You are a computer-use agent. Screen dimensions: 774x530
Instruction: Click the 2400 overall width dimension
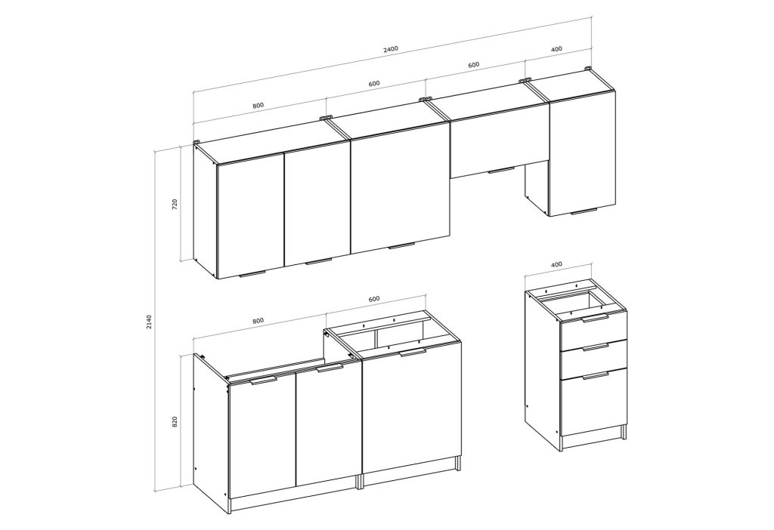click(390, 49)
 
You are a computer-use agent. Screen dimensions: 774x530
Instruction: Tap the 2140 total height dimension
click(150, 322)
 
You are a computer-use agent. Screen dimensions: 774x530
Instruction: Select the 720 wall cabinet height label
click(175, 205)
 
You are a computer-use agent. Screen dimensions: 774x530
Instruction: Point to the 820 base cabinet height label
click(175, 422)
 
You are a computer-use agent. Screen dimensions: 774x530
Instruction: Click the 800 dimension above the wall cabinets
click(259, 105)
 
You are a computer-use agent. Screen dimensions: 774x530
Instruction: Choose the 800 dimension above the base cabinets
click(259, 320)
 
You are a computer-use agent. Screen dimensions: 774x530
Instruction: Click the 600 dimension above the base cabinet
click(374, 299)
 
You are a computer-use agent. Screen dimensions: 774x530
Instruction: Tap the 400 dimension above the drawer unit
click(556, 264)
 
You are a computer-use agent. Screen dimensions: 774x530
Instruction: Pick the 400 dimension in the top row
click(556, 49)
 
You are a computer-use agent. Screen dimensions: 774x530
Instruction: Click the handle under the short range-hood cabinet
click(502, 171)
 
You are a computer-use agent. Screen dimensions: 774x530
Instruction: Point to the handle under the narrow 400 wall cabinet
click(584, 212)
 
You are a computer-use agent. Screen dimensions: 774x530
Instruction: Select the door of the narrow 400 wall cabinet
click(583, 154)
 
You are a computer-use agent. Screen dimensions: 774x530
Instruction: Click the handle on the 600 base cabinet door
click(413, 352)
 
